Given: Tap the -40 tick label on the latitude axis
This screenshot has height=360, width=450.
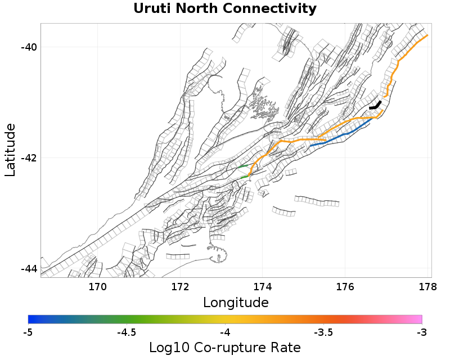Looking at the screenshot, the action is coord(29,47).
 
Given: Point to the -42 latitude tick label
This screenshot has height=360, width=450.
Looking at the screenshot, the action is coord(29,157).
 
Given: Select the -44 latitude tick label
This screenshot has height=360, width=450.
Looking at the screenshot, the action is coord(29,269).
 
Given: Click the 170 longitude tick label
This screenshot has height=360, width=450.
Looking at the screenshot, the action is coord(97,287).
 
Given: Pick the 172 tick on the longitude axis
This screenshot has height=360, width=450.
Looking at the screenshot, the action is coord(180,287).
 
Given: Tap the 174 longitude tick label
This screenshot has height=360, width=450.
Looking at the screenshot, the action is coord(262,287).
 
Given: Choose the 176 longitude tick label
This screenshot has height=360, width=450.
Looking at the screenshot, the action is coord(345,287).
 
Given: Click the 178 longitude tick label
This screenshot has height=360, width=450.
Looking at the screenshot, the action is coord(427,287).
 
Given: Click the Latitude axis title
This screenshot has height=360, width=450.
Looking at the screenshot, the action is coord(10,150).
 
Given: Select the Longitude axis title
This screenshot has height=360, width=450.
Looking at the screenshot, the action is coord(236,303).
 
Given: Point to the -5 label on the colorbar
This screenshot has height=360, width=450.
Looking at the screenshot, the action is coord(28,333).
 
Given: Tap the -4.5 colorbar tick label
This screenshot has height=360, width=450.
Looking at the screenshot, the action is coord(127,333).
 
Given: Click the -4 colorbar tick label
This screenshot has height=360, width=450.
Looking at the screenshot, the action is coord(225,333).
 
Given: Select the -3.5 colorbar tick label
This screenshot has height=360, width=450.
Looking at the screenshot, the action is coord(323,333).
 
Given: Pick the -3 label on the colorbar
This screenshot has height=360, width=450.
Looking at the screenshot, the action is coord(422,333).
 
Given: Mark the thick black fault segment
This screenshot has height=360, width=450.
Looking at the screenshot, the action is coord(376,105).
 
